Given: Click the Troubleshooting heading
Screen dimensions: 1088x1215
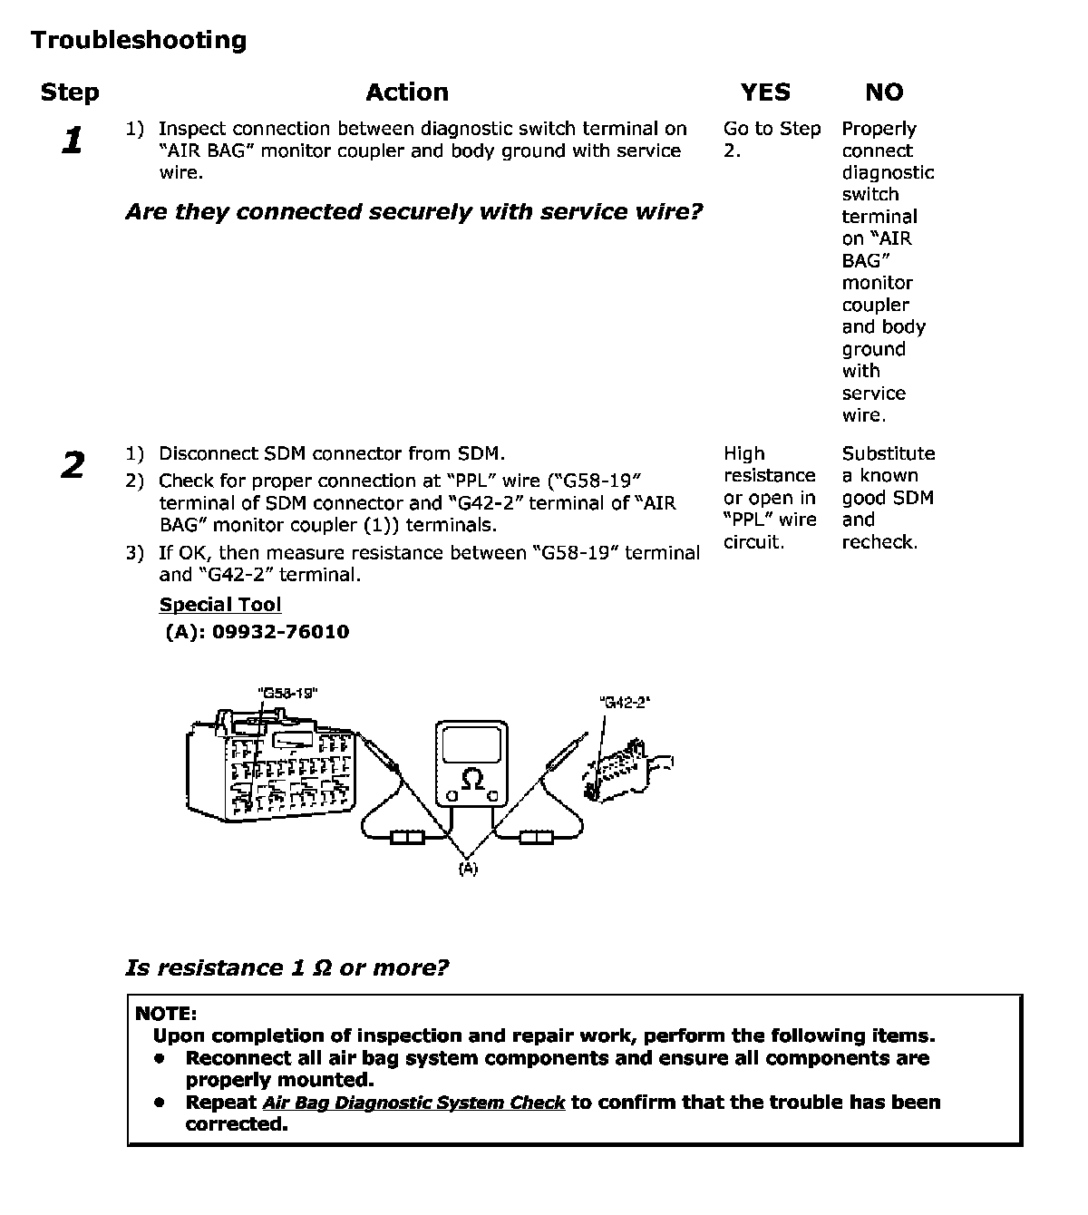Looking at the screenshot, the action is pyautogui.click(x=139, y=40).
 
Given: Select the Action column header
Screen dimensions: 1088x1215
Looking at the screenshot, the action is pyautogui.click(x=407, y=92).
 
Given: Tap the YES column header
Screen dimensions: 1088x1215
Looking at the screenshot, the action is pyautogui.click(x=765, y=92).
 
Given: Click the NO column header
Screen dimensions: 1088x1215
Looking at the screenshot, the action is pyautogui.click(x=884, y=92).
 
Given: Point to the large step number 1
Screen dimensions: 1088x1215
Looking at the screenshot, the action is pyautogui.click(x=73, y=141).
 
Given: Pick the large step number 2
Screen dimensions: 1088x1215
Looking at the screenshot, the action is pyautogui.click(x=73, y=465).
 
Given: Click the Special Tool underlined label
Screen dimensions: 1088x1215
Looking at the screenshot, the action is pyautogui.click(x=220, y=604).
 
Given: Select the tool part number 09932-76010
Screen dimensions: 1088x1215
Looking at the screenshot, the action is pyautogui.click(x=281, y=631).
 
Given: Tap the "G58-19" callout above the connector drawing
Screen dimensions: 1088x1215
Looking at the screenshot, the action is pyautogui.click(x=288, y=694).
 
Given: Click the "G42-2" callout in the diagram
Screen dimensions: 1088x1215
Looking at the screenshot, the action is pyautogui.click(x=625, y=703).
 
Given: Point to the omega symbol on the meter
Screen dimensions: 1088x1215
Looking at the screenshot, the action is pyautogui.click(x=472, y=779).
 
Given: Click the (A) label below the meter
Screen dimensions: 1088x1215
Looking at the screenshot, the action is pyautogui.click(x=468, y=868).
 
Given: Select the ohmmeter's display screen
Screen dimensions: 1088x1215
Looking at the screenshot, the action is pyautogui.click(x=472, y=744).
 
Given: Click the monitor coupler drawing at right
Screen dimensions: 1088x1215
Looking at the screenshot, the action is pyautogui.click(x=627, y=771).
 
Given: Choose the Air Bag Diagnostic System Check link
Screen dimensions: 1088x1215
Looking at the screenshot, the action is pyautogui.click(x=413, y=1103).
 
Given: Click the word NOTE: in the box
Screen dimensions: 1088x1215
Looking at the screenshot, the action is pyautogui.click(x=166, y=1014).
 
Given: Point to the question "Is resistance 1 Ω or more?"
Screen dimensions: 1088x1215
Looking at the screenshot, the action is pyautogui.click(x=287, y=967).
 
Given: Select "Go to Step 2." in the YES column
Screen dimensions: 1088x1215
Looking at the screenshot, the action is pyautogui.click(x=772, y=139).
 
